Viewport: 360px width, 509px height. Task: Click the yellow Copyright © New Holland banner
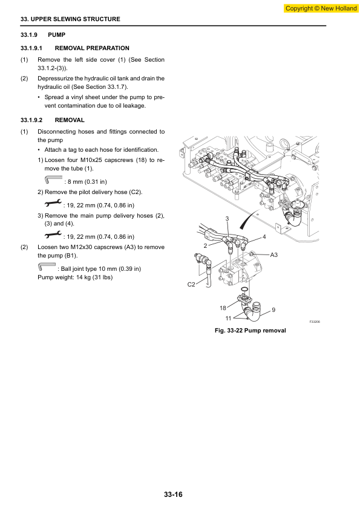pos(321,8)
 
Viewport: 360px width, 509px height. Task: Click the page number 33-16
pos(173,494)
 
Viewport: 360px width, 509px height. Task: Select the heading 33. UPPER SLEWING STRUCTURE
pos(70,19)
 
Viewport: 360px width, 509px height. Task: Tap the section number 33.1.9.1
pos(31,48)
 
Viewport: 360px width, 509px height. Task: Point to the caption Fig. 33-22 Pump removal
pos(250,331)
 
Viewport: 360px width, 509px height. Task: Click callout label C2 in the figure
pos(191,284)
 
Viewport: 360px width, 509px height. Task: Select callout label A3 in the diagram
pos(274,255)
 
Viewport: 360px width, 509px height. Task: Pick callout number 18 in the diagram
pos(223,308)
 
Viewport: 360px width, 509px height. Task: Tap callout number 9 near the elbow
pos(273,310)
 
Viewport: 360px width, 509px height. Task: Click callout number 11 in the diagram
pos(229,319)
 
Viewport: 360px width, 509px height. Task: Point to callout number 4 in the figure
pos(264,236)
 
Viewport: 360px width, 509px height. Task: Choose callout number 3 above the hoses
pos(227,219)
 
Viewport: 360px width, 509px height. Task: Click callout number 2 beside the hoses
pos(205,246)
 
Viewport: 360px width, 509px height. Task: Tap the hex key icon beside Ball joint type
pos(47,267)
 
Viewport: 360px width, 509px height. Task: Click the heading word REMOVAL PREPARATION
pos(92,48)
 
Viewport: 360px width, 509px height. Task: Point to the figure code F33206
pos(315,322)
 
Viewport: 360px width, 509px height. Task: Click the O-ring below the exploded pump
pos(245,290)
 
